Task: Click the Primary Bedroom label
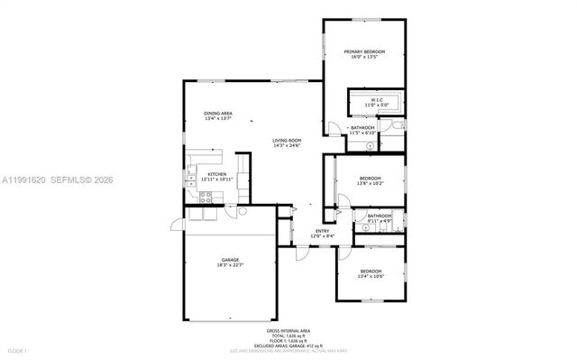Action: pos(365,51)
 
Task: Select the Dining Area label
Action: pos(218,113)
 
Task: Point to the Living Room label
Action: pos(288,141)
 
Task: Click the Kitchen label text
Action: pos(216,174)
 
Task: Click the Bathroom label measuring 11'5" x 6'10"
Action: pos(362,128)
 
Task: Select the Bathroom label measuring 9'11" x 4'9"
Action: pos(379,216)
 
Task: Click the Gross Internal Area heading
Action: pos(289,331)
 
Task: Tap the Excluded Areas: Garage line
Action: pos(289,346)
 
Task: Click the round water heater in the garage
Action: pos(242,211)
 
